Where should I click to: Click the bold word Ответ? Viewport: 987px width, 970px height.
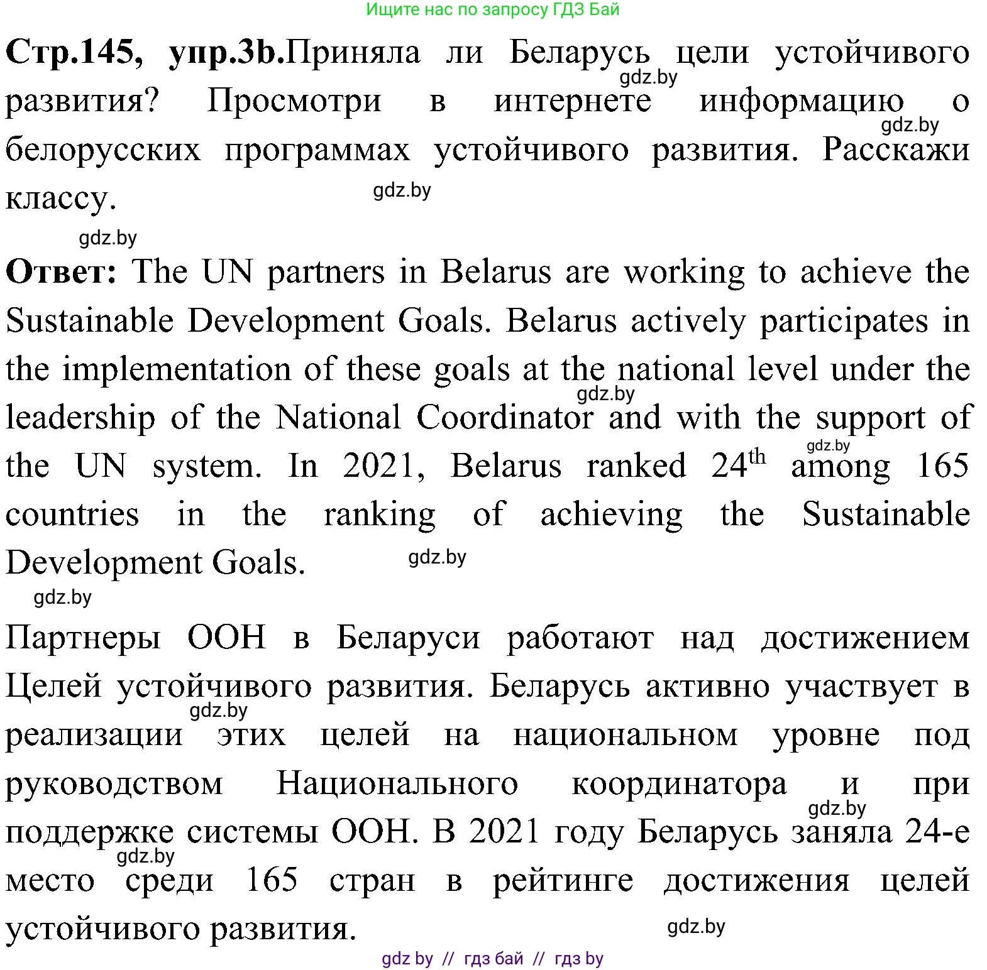(61, 273)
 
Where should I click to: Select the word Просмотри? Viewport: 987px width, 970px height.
(294, 101)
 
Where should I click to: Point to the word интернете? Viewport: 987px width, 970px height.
(572, 101)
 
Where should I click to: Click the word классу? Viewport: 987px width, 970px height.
(60, 199)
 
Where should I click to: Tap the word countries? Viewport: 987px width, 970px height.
(72, 515)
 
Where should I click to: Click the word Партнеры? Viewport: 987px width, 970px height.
(83, 638)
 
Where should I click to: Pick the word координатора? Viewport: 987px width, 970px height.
(679, 784)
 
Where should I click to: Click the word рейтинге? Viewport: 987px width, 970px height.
(563, 881)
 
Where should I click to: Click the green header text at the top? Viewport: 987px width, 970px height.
(492, 9)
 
